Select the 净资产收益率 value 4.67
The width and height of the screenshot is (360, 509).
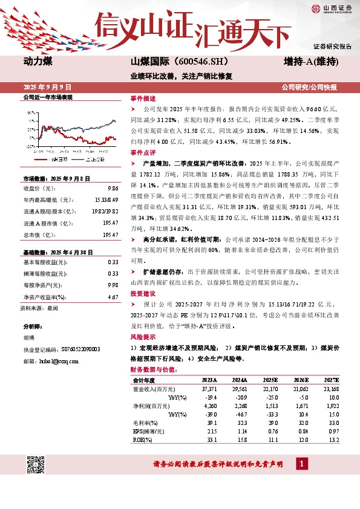(x=113, y=297)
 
